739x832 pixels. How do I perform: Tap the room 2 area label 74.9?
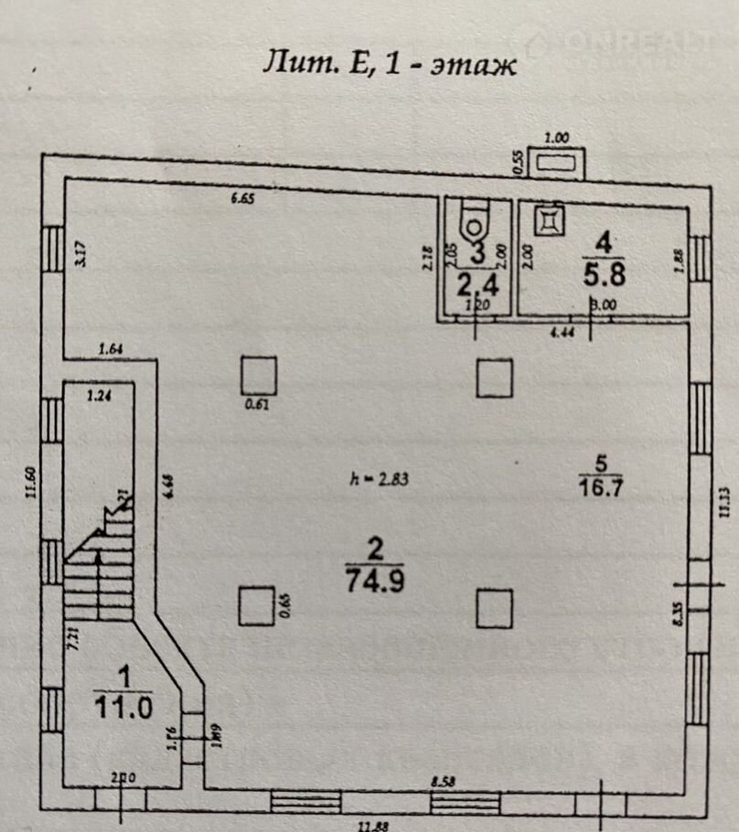pyautogui.click(x=374, y=579)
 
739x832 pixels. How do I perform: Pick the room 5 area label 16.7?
pyautogui.click(x=600, y=485)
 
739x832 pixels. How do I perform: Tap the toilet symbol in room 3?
pyautogui.click(x=475, y=219)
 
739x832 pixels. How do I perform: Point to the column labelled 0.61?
pyautogui.click(x=259, y=376)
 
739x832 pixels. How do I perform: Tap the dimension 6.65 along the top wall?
pyautogui.click(x=243, y=198)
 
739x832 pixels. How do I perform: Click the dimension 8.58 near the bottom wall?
pyautogui.click(x=446, y=783)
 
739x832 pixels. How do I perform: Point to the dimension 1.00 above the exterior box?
pyautogui.click(x=557, y=137)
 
